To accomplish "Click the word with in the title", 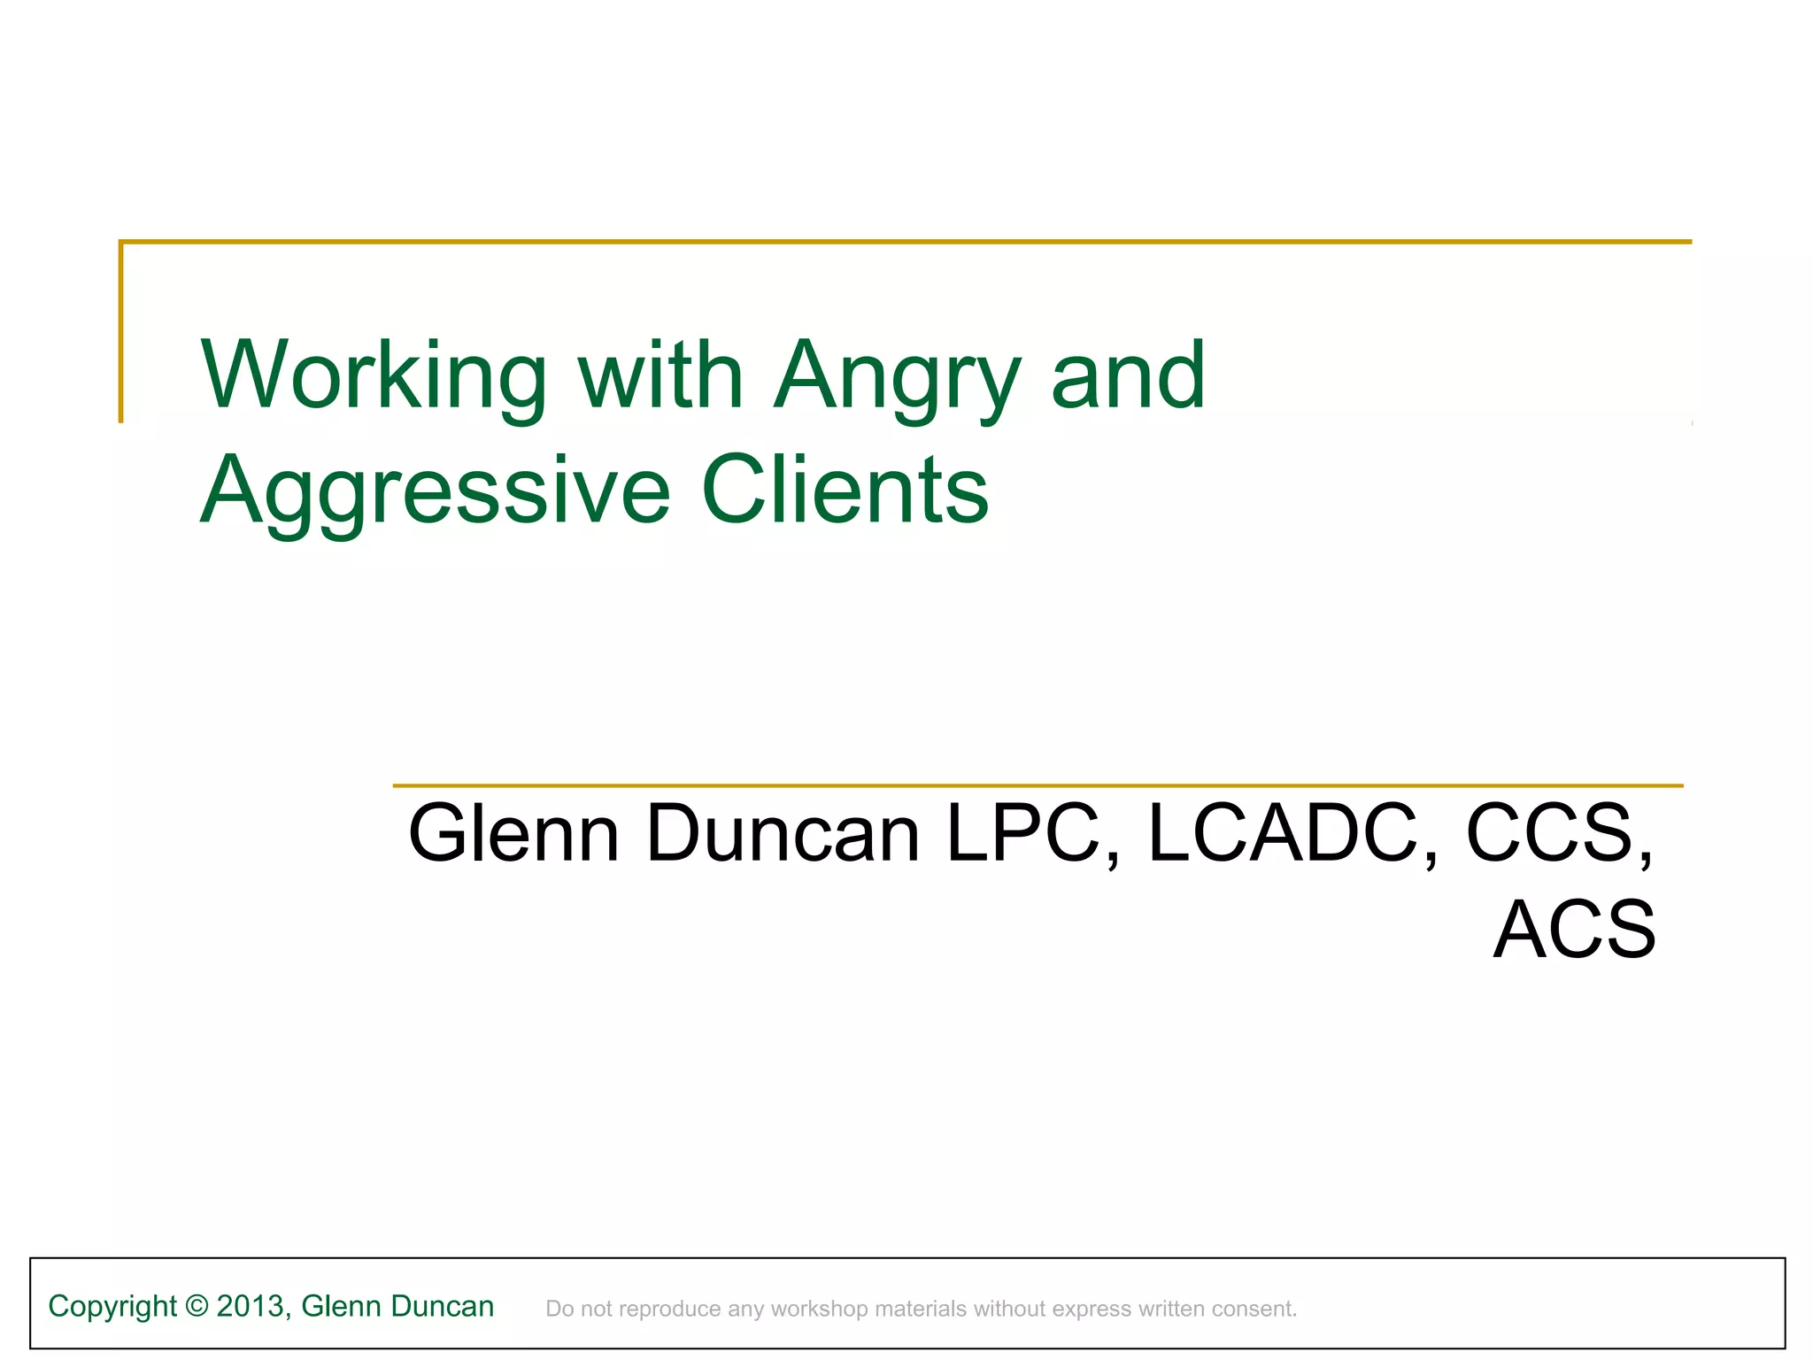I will coord(660,375).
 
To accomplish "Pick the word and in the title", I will coord(1128,375).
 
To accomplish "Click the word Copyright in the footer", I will coord(112,1307).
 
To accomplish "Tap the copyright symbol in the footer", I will coord(197,1307).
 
